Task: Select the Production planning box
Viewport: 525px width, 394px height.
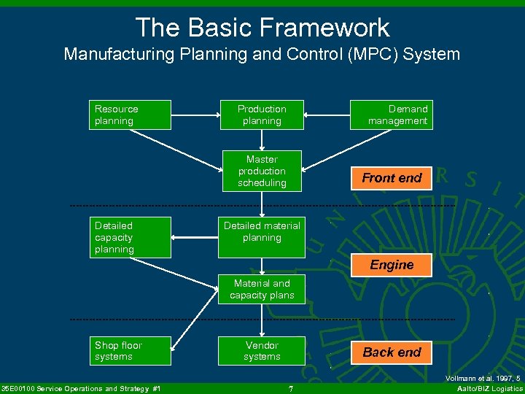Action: (262, 115)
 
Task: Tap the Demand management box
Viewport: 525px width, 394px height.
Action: (392, 115)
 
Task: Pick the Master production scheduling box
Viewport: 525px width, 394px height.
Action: (262, 171)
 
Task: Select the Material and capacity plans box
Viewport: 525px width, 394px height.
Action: (262, 290)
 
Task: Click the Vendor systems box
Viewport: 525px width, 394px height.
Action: (262, 351)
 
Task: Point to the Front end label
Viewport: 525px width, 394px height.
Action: (392, 178)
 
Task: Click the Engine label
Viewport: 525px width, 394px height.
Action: (392, 265)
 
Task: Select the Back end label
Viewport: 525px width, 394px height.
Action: (392, 352)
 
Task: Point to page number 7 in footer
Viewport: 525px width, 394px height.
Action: (290, 389)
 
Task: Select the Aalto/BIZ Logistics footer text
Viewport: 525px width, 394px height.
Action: (489, 389)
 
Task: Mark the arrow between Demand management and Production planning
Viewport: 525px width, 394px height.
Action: (327, 115)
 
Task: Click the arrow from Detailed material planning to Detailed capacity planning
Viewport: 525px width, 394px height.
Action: (195, 237)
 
